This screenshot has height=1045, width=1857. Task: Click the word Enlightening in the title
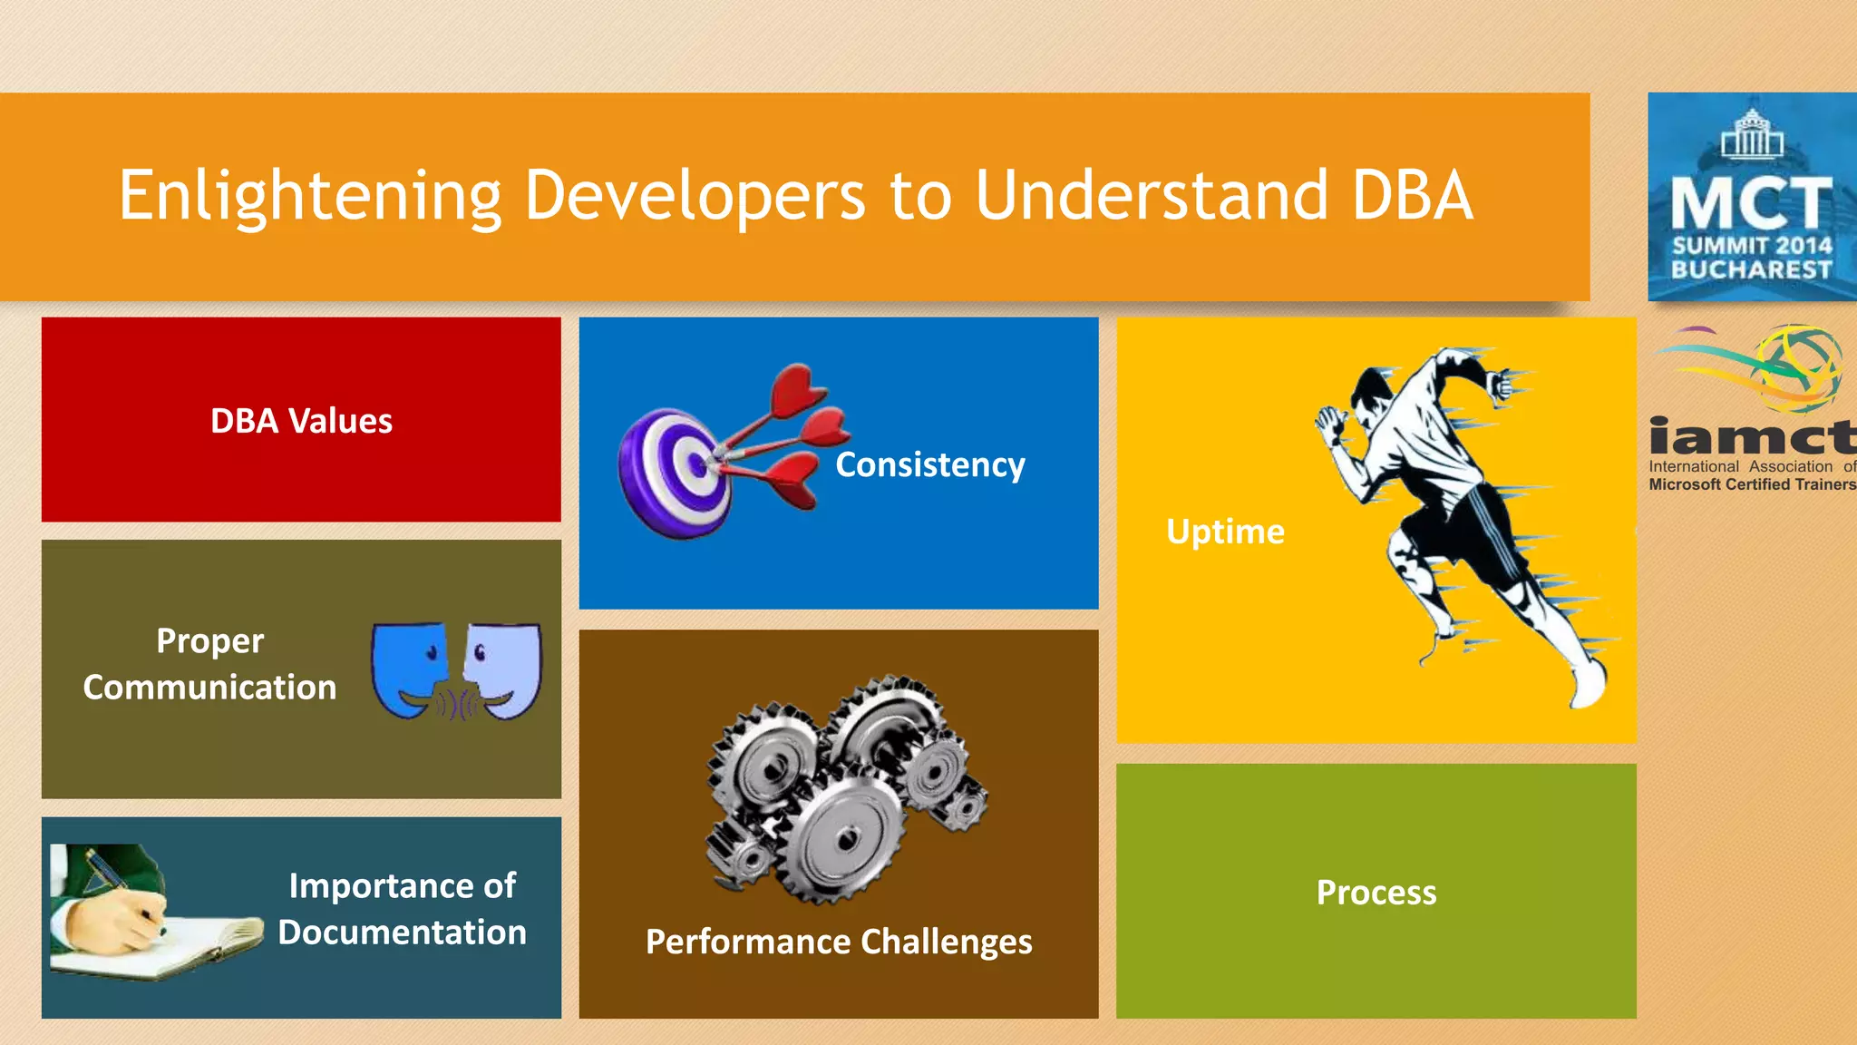pos(309,196)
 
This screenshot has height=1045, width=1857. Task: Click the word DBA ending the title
pos(1412,196)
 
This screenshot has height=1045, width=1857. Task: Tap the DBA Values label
pos(301,421)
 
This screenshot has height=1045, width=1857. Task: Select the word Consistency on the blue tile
pos(929,464)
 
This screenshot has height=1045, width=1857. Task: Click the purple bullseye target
pos(676,472)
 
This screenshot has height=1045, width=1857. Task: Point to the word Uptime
pos(1225,532)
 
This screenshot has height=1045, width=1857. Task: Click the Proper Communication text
pos(209,664)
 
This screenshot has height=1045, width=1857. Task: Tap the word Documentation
pos(402,933)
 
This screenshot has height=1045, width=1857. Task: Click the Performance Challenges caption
pos(839,942)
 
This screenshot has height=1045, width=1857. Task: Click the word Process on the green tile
pos(1376,893)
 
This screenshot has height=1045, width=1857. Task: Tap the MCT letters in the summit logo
pos(1751,203)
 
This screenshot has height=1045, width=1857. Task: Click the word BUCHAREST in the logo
pos(1751,270)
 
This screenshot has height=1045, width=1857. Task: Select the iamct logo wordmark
pos(1751,437)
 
